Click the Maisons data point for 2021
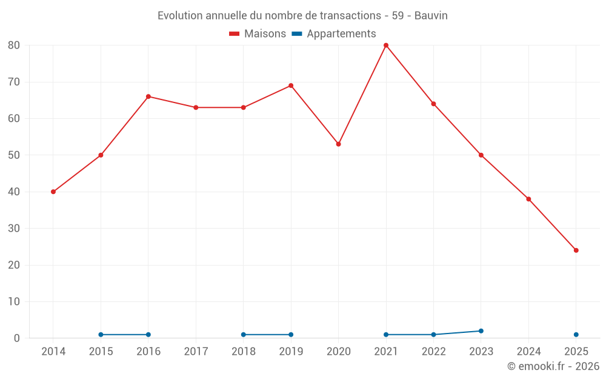pyautogui.click(x=386, y=45)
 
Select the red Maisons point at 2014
pyautogui.click(x=53, y=192)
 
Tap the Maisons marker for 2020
pyautogui.click(x=338, y=144)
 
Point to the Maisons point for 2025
pyautogui.click(x=576, y=250)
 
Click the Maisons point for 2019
pyautogui.click(x=291, y=86)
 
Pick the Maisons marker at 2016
pyautogui.click(x=148, y=96)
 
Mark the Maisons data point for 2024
pyautogui.click(x=528, y=199)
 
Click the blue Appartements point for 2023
pyautogui.click(x=481, y=331)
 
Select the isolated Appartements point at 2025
pyautogui.click(x=576, y=335)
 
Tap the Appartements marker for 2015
pyautogui.click(x=101, y=335)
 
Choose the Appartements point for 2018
pyautogui.click(x=244, y=335)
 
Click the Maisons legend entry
pyautogui.click(x=258, y=34)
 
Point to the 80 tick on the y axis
pyautogui.click(x=14, y=45)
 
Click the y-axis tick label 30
pyautogui.click(x=14, y=229)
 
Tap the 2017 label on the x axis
pyautogui.click(x=196, y=352)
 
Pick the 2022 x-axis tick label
pyautogui.click(x=433, y=352)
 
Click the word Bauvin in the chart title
pyautogui.click(x=431, y=16)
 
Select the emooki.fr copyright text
pyautogui.click(x=553, y=366)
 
